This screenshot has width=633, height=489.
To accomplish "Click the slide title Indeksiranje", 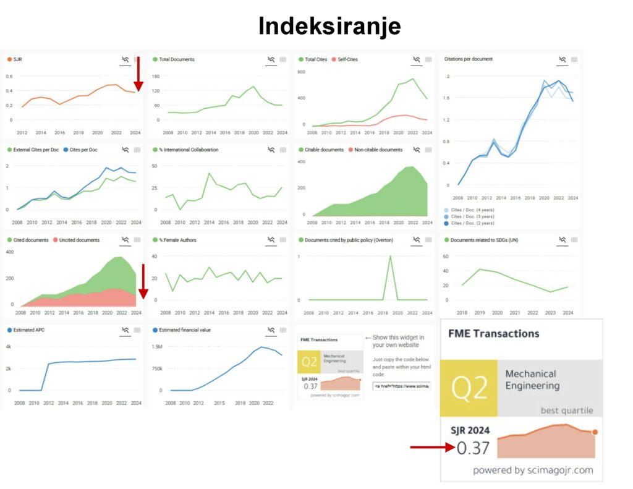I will click(x=329, y=26).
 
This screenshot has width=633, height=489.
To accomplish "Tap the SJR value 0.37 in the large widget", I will click(x=472, y=447).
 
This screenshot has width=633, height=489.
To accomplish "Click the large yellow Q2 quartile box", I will click(x=469, y=388).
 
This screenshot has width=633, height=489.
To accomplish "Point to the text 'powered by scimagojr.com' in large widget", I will click(x=532, y=470).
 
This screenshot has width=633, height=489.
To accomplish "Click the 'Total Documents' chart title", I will click(x=177, y=59).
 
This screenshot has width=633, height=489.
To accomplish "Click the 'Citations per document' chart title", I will click(x=468, y=59).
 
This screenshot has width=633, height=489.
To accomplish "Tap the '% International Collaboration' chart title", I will click(x=189, y=150).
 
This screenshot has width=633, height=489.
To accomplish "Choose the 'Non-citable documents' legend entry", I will click(x=378, y=150).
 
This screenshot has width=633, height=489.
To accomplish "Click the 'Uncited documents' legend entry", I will click(x=80, y=240).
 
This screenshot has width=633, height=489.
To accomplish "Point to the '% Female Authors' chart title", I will click(x=180, y=240).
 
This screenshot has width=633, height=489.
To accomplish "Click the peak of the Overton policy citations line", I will click(x=390, y=257).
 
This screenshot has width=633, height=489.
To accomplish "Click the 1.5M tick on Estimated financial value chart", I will click(x=156, y=347).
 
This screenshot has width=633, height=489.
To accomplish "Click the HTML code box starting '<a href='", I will click(x=401, y=386).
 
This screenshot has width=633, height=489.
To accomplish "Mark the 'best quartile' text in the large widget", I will click(x=566, y=410).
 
